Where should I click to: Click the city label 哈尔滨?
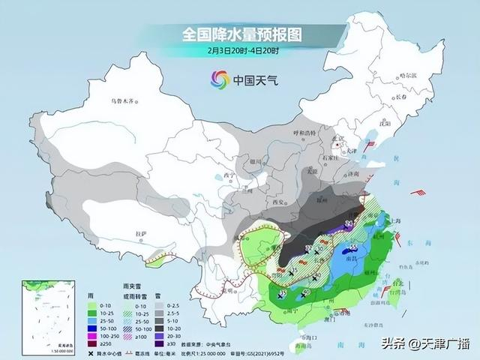(408, 75)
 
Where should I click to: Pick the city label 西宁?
(209, 176)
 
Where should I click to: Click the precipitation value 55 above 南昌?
(353, 247)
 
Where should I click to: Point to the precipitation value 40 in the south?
(306, 293)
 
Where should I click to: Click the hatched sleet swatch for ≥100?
(118, 337)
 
